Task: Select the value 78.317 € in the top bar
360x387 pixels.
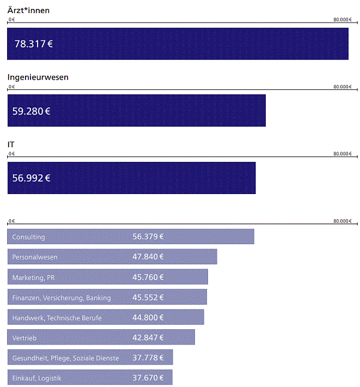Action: (x=33, y=44)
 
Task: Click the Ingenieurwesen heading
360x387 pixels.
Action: (x=38, y=77)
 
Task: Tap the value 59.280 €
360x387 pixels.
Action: (x=32, y=111)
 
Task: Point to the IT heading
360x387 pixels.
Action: (x=11, y=144)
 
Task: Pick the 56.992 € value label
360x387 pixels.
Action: (x=32, y=178)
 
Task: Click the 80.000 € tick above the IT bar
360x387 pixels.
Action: (x=343, y=154)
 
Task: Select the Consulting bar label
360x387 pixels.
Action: (x=28, y=237)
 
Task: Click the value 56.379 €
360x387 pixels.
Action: (x=148, y=237)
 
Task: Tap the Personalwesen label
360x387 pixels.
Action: (x=34, y=257)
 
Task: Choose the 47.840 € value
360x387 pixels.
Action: (x=148, y=257)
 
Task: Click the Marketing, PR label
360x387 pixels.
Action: (x=33, y=277)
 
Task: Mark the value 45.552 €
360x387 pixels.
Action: (x=148, y=298)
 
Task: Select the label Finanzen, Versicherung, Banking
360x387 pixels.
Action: (x=61, y=298)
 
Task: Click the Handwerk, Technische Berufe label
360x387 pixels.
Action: (x=57, y=318)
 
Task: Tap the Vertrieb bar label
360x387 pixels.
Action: (x=24, y=338)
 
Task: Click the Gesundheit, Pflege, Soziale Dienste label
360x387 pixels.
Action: (x=65, y=358)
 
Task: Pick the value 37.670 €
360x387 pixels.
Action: (x=148, y=378)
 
